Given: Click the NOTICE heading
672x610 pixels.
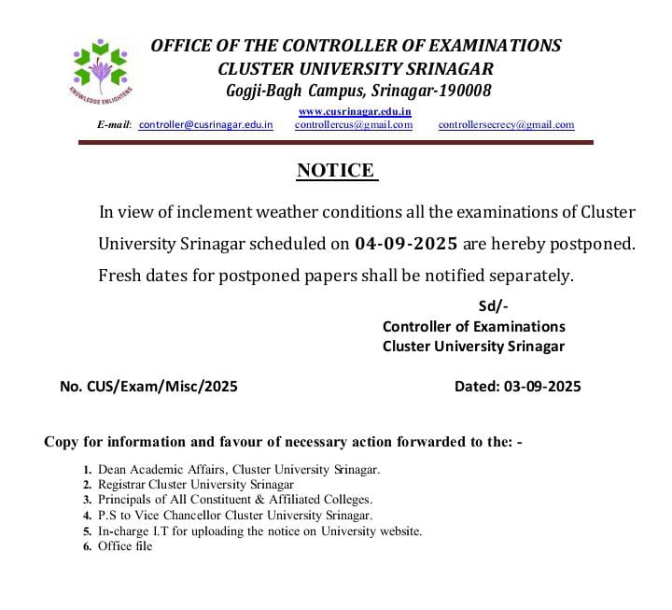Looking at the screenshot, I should (336, 170).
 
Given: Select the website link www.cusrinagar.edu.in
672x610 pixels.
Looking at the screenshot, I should (355, 111).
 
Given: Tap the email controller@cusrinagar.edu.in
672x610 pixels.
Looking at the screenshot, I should (205, 124).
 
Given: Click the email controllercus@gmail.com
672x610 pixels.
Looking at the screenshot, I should (354, 124).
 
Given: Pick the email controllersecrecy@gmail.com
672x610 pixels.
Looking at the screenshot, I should (506, 124).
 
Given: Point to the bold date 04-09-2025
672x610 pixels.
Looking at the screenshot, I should (406, 244).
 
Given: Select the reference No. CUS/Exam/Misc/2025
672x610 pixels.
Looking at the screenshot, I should (148, 386).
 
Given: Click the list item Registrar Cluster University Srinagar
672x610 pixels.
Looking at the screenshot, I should (196, 484).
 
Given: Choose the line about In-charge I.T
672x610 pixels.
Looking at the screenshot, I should (259, 531).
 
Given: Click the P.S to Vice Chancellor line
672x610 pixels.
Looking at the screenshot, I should (235, 515).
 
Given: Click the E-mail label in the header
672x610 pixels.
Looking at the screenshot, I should (115, 124).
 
